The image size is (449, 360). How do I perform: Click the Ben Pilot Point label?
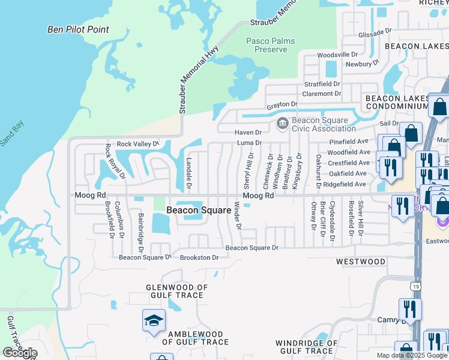[x=78, y=29]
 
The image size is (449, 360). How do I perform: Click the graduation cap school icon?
[x=154, y=320]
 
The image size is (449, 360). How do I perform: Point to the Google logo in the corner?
[x=20, y=353]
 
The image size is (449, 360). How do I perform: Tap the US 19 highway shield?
[x=416, y=287]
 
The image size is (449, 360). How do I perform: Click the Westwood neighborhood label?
[x=360, y=262]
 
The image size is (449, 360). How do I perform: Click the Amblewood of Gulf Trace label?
[x=198, y=338]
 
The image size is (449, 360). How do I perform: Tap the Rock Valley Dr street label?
[x=137, y=144]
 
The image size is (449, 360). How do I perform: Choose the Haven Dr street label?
[x=249, y=132]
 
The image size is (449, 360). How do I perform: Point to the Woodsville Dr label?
[x=337, y=55]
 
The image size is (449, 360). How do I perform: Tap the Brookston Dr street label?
[x=199, y=257]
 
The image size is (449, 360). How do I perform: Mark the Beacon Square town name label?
[x=199, y=210]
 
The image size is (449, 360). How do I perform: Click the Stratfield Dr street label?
[x=322, y=84]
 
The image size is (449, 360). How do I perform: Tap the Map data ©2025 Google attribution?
[x=412, y=355]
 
